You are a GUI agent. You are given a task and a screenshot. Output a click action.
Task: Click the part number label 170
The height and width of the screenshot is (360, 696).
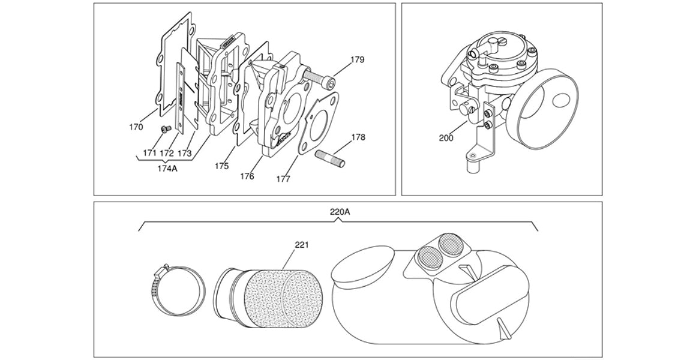click(136, 127)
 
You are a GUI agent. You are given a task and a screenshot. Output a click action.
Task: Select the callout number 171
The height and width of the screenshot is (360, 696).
click(150, 154)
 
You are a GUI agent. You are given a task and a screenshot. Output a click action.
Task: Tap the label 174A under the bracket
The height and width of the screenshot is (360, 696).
click(167, 169)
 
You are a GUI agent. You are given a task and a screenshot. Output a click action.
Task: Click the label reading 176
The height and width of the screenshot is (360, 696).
click(247, 176)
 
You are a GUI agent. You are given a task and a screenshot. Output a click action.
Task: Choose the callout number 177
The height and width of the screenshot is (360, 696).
click(283, 179)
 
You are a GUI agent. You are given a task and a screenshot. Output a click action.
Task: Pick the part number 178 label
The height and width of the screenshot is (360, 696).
click(358, 137)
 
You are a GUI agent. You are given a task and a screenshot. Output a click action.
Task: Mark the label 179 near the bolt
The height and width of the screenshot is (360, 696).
click(358, 60)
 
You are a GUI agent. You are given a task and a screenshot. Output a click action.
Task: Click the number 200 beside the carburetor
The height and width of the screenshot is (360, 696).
click(446, 138)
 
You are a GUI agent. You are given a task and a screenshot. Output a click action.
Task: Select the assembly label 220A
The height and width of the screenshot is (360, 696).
click(340, 212)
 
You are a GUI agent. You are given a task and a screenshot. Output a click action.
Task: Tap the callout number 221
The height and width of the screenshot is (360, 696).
click(302, 245)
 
